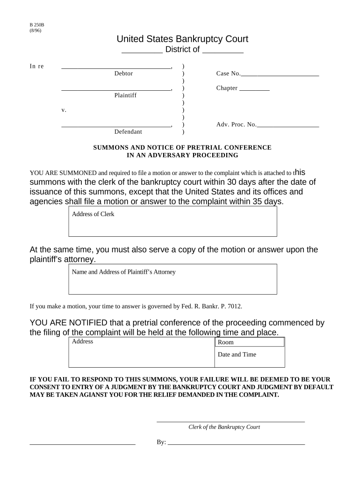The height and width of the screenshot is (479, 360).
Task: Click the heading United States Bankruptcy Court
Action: click(x=182, y=39)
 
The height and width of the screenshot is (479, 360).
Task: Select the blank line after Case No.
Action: click(x=280, y=74)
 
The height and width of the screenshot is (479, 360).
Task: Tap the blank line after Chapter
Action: click(x=254, y=88)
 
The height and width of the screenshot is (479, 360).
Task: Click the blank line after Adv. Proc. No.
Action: click(x=288, y=125)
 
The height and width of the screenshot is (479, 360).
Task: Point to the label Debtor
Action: click(x=123, y=73)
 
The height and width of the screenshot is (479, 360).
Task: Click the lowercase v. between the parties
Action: click(x=64, y=110)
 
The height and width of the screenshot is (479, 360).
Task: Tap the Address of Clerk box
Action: click(x=173, y=221)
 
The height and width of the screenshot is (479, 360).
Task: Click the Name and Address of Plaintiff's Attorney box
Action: click(x=173, y=279)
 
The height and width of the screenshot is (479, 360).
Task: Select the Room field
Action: click(x=250, y=342)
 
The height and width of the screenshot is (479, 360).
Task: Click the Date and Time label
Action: click(x=237, y=355)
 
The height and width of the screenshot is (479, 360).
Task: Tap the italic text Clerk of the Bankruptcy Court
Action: click(x=224, y=427)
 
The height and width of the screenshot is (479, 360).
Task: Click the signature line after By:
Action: click(x=236, y=442)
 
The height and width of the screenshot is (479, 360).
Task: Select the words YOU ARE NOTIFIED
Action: click(x=68, y=323)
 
